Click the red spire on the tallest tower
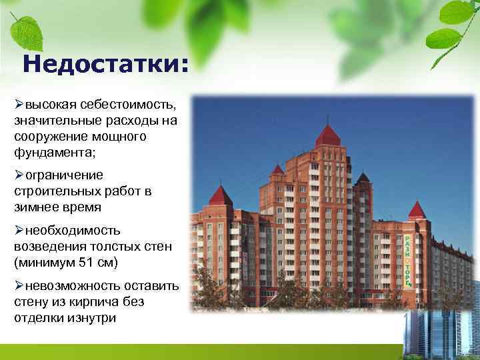pyautogui.click(x=327, y=135)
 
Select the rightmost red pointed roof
pyautogui.click(x=417, y=209)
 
